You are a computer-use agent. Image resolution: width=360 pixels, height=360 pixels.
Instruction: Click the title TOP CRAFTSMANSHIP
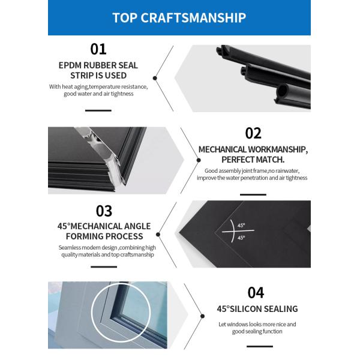point(179,17)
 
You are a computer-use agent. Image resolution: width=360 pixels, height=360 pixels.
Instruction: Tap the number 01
point(98,49)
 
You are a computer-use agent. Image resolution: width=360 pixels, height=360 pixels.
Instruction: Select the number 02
point(253,133)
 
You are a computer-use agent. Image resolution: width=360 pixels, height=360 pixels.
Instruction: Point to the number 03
point(104,211)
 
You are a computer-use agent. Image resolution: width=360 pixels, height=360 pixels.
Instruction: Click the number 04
point(256,293)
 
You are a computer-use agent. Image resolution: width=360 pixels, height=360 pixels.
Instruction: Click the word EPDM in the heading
point(70,65)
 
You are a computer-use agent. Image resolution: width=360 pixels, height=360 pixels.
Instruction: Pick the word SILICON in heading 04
point(245,309)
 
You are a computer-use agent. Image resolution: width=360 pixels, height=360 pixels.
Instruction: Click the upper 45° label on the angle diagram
point(241,225)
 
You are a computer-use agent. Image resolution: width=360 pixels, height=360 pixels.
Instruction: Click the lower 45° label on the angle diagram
point(241,238)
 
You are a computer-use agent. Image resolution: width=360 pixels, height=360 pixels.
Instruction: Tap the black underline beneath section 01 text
point(98,110)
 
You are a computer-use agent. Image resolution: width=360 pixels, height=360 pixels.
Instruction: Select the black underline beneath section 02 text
point(253,194)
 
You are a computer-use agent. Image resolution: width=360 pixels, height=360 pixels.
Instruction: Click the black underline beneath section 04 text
point(260,346)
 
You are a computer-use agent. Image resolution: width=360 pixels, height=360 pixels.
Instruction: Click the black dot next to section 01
point(155,78)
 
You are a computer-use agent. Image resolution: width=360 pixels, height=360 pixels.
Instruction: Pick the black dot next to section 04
point(202,316)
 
